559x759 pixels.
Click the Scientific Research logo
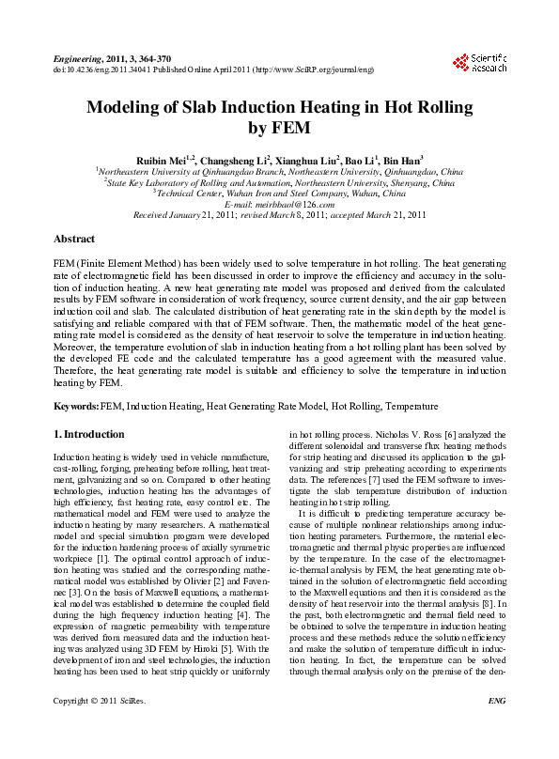click(480, 63)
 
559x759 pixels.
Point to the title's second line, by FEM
click(278, 129)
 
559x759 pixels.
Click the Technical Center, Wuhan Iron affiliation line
click(279, 194)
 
